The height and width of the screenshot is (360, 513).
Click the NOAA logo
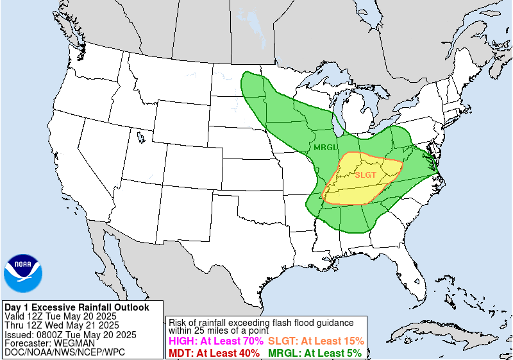23,273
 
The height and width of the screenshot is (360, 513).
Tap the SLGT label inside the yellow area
366,175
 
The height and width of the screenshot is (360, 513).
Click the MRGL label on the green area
326,148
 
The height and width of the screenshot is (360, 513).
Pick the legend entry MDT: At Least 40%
215,352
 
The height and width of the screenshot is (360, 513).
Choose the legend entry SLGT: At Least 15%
316,341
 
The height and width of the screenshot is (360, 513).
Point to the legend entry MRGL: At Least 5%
315,352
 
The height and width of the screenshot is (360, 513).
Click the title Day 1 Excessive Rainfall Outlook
76,307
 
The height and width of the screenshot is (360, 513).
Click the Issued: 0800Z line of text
70,334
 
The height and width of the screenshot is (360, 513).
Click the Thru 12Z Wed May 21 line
66,325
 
